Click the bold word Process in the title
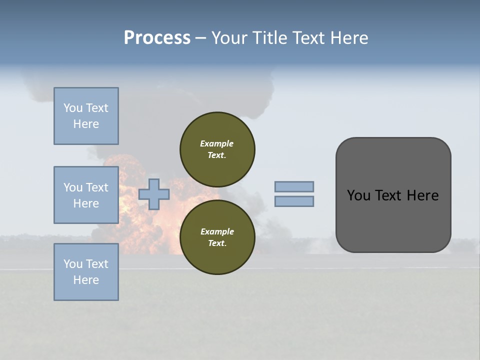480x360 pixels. pyautogui.click(x=157, y=38)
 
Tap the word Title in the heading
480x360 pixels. pyautogui.click(x=270, y=38)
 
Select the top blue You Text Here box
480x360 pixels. pyautogui.click(x=86, y=116)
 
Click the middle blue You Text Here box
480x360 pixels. pyautogui.click(x=86, y=195)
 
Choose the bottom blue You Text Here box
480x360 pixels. pyautogui.click(x=86, y=272)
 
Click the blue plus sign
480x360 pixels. pyautogui.click(x=154, y=194)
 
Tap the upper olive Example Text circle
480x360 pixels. pyautogui.click(x=217, y=149)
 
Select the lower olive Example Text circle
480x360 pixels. pyautogui.click(x=217, y=237)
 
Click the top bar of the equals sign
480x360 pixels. pyautogui.click(x=294, y=186)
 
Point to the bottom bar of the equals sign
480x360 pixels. pyautogui.click(x=294, y=201)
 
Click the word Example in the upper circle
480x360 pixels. pyautogui.click(x=217, y=143)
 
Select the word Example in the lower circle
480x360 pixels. pyautogui.click(x=217, y=231)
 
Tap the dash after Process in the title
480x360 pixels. pyautogui.click(x=200, y=38)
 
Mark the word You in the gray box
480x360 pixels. pyautogui.click(x=359, y=195)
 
